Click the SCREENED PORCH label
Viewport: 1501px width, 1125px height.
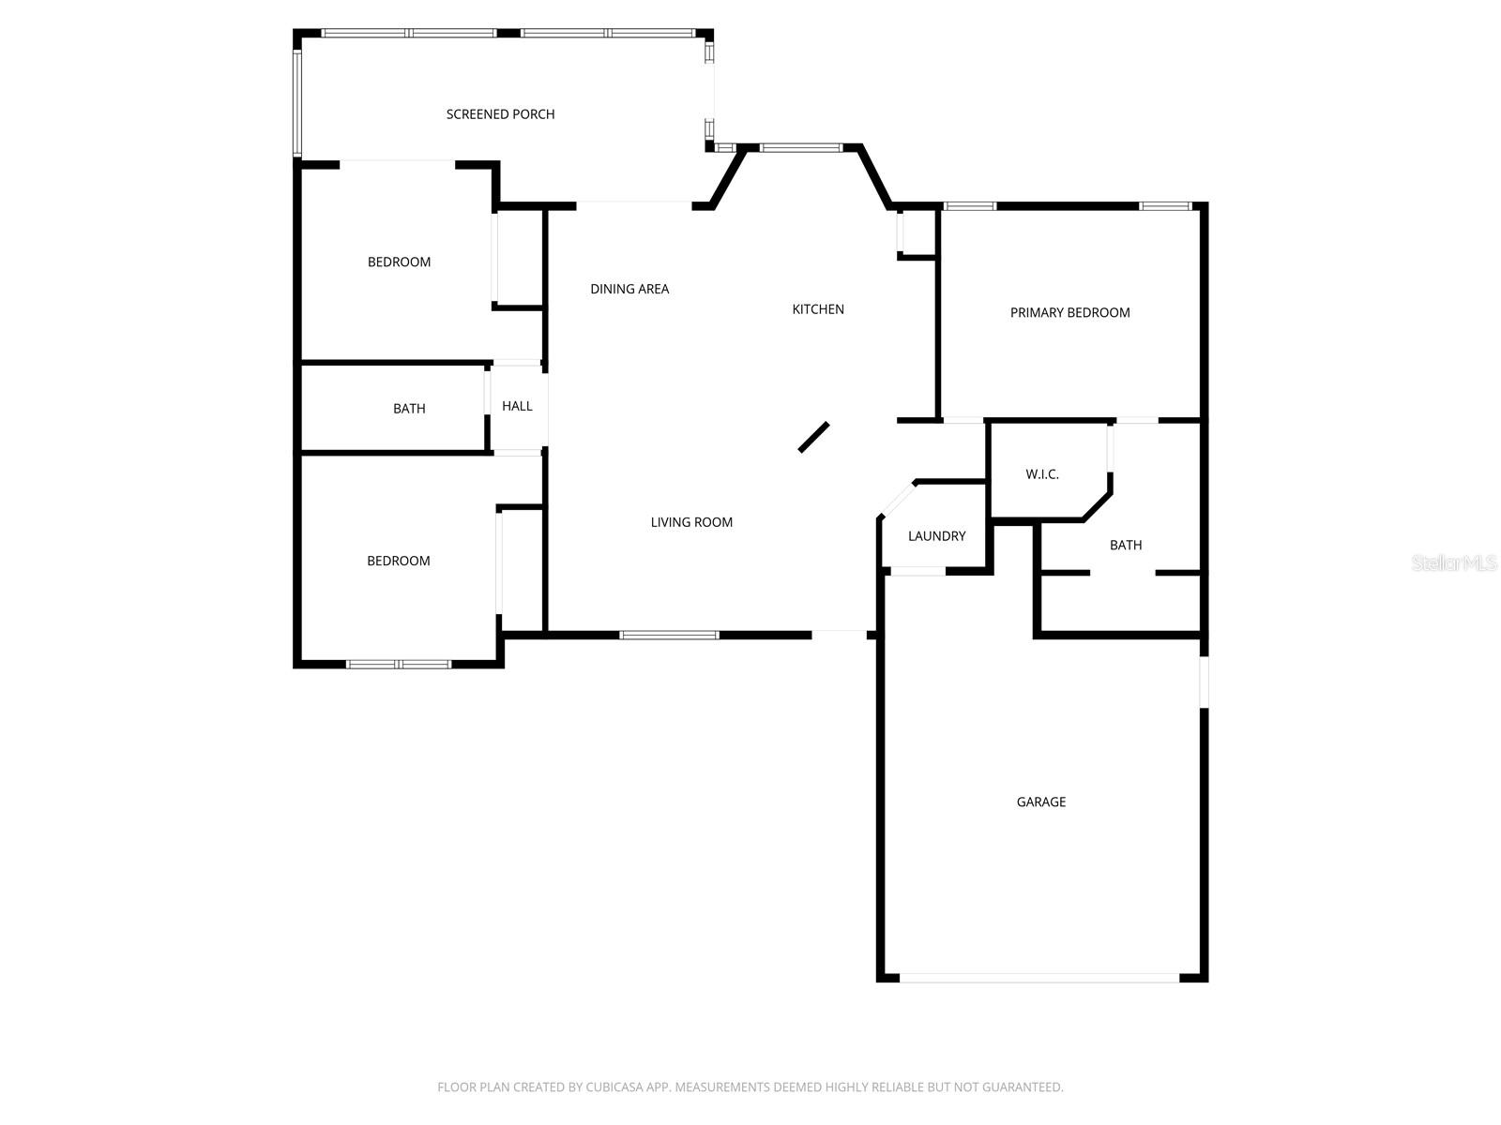pyautogui.click(x=500, y=114)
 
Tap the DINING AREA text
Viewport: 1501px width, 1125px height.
pyautogui.click(x=629, y=289)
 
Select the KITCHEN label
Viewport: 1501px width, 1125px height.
pyautogui.click(x=818, y=309)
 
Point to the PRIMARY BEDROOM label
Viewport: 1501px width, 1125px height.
pyautogui.click(x=1069, y=313)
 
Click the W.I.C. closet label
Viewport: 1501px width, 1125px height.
pyautogui.click(x=1041, y=474)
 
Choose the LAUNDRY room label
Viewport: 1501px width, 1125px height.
pyautogui.click(x=936, y=536)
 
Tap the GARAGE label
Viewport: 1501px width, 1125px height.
pyautogui.click(x=1040, y=802)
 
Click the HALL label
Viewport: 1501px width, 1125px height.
pyautogui.click(x=517, y=406)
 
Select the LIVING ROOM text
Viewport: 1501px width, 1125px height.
pyautogui.click(x=691, y=522)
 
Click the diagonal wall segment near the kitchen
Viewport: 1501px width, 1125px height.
pyautogui.click(x=813, y=437)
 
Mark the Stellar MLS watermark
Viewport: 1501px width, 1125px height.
pyautogui.click(x=1454, y=563)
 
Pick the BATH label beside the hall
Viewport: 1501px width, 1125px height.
pyautogui.click(x=409, y=409)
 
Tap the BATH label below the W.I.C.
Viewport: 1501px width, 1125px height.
pyautogui.click(x=1126, y=545)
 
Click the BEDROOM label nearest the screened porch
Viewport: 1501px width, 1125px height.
pyautogui.click(x=399, y=262)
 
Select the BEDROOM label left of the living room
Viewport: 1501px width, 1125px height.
pyautogui.click(x=398, y=561)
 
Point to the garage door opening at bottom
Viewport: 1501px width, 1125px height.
pyautogui.click(x=1039, y=978)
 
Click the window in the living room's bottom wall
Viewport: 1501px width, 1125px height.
pyautogui.click(x=669, y=636)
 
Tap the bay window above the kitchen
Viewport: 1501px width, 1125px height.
pyautogui.click(x=801, y=147)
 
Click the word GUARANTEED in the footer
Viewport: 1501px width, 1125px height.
pyautogui.click(x=1022, y=1087)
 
